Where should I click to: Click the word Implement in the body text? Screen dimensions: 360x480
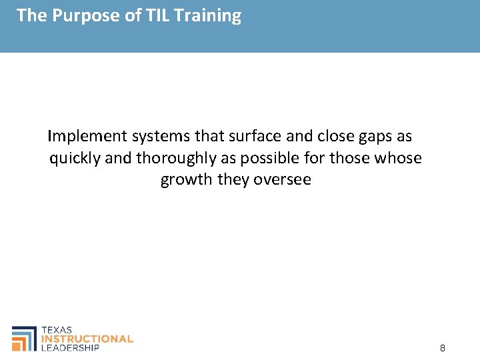click(87, 137)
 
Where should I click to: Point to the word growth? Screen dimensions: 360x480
click(187, 180)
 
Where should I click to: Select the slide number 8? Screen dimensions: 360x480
click(443, 348)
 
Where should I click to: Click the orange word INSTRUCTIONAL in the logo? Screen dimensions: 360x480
click(87, 339)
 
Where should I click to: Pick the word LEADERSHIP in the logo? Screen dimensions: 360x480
click(70, 347)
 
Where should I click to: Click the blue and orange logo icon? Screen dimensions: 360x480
click(25, 338)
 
